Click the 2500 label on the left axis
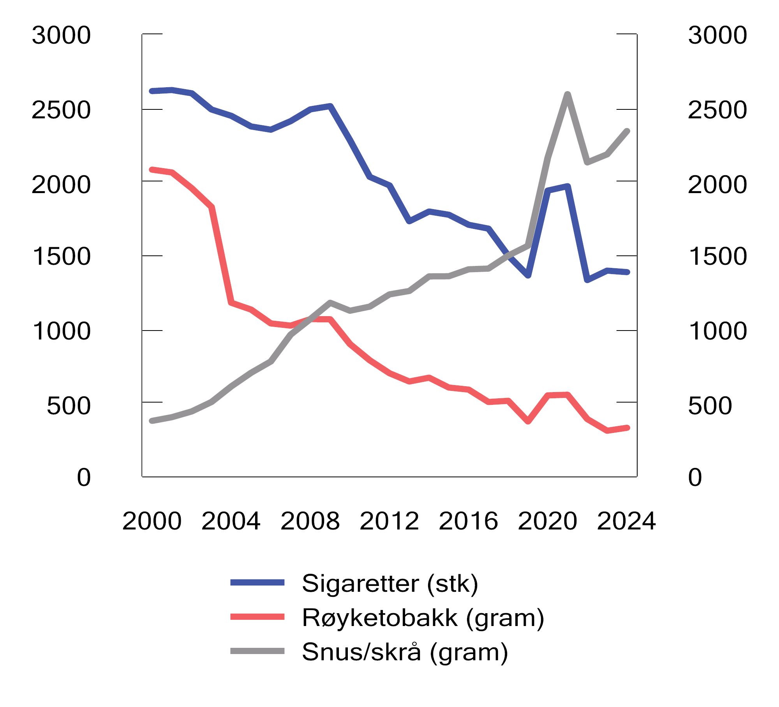tap(61, 110)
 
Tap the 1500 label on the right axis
tap(718, 257)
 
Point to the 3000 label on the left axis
tap(61, 35)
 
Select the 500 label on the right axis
tap(710, 406)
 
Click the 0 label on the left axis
tap(84, 477)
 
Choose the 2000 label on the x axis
tap(152, 521)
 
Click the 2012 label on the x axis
tap(389, 521)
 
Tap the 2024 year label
tap(626, 521)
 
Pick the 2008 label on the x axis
tap(310, 521)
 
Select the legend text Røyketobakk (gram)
tap(423, 618)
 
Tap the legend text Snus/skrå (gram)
tap(405, 652)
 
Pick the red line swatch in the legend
tap(257, 617)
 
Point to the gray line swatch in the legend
tap(257, 651)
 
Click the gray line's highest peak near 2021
tap(568, 94)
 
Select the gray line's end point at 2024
tap(627, 131)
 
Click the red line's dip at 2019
tap(528, 421)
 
